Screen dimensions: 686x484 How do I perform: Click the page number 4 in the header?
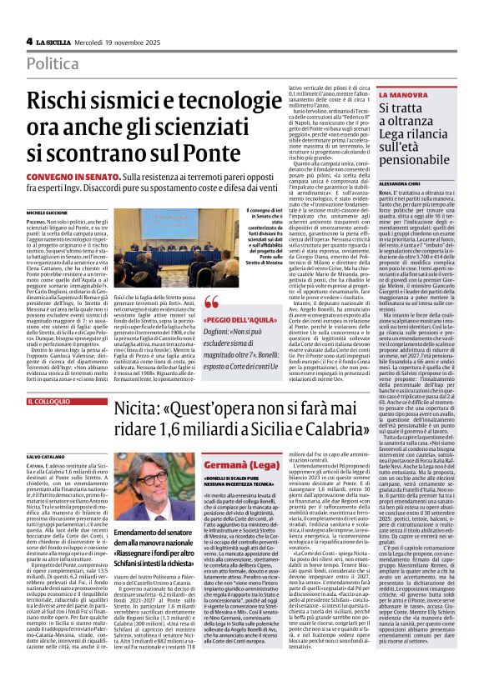(29, 41)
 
